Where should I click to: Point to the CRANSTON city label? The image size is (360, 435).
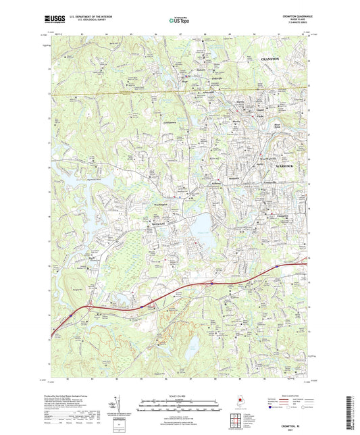[x=274, y=60]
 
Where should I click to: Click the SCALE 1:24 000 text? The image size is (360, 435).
[x=178, y=398]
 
